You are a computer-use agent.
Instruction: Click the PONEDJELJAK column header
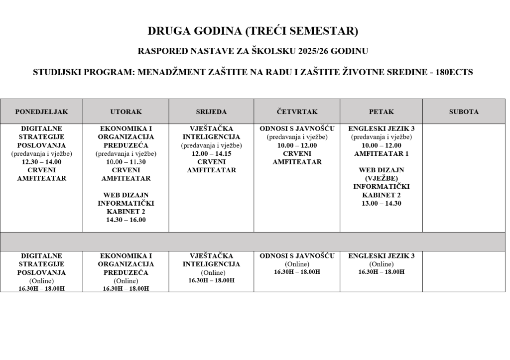(41, 112)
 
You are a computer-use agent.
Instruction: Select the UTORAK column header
(126, 112)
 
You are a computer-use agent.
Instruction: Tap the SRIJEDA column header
(211, 112)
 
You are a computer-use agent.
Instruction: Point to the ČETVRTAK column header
(297, 112)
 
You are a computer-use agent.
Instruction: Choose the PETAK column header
(381, 112)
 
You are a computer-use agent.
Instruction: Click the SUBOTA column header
(464, 112)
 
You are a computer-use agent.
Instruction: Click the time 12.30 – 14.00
(41, 162)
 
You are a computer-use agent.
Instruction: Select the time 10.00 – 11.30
(126, 162)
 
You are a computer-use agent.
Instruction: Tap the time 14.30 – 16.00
(126, 220)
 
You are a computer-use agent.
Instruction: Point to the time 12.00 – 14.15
(211, 154)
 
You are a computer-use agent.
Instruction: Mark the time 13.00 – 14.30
(381, 203)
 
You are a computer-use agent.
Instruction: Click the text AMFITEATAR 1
(381, 153)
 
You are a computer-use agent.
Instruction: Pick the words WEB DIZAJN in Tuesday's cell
(126, 195)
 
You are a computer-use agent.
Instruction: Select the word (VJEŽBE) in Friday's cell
(381, 178)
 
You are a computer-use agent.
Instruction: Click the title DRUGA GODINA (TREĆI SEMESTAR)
(253, 31)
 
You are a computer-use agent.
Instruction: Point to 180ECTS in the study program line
(454, 72)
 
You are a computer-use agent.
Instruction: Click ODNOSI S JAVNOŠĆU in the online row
(297, 256)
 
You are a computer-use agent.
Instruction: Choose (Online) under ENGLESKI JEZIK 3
(381, 264)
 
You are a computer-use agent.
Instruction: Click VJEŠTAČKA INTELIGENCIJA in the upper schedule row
(211, 133)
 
